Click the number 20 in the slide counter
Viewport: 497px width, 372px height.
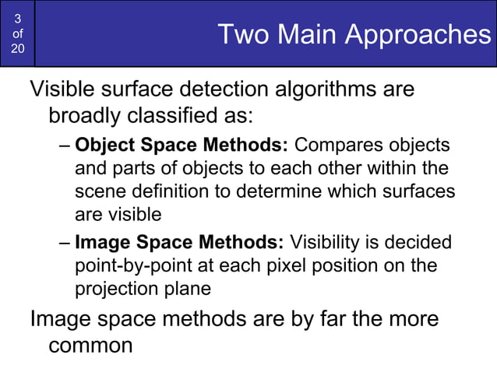tap(18, 49)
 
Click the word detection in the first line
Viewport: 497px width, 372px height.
tap(206, 89)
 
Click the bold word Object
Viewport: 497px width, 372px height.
tap(107, 146)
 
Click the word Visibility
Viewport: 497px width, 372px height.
tap(334, 243)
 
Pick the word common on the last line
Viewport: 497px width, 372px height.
tap(91, 345)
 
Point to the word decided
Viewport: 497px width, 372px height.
tap(421, 243)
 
